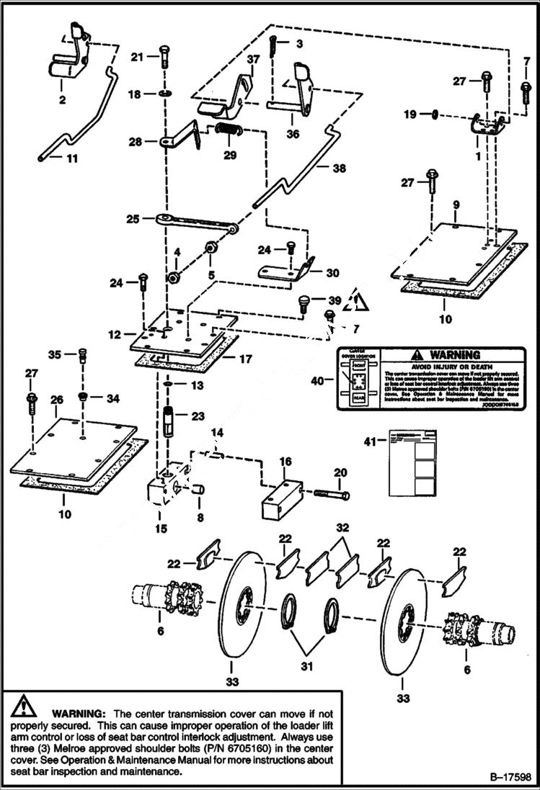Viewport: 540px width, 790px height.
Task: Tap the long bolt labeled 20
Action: [x=331, y=495]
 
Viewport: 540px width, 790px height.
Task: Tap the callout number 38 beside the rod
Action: [x=339, y=169]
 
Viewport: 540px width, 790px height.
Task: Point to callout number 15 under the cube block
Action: [x=160, y=529]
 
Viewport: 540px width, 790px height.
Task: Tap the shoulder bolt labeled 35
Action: [x=81, y=355]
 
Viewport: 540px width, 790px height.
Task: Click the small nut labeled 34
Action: [x=83, y=397]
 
